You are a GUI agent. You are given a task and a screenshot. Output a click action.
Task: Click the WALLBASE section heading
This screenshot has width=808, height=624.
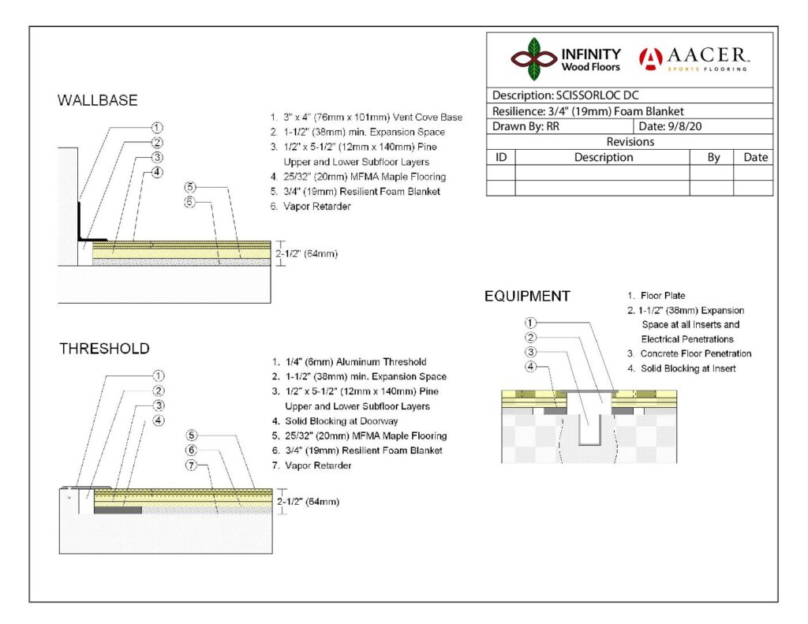[x=97, y=100]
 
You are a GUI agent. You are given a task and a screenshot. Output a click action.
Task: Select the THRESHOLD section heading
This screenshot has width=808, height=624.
[x=104, y=349]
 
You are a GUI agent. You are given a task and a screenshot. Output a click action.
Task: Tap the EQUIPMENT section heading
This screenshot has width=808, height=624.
[x=527, y=297]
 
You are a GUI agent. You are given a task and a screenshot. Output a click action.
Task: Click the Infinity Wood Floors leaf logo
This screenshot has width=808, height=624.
[x=534, y=58]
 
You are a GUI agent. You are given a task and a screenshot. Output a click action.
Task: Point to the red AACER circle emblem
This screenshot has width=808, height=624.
[x=651, y=58]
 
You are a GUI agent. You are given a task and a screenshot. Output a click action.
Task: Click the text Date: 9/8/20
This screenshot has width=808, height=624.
[x=670, y=126]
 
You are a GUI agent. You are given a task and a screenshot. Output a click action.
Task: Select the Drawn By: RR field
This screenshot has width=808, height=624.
[x=526, y=126]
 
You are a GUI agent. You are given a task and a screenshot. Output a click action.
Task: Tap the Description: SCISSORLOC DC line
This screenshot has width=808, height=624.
[x=565, y=95]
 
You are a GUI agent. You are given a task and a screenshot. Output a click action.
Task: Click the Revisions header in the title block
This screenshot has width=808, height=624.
[x=630, y=142]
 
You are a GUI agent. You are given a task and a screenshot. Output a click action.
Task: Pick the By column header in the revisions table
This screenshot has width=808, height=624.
[x=713, y=157]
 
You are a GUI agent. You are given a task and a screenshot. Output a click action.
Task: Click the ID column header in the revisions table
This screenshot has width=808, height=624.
[x=501, y=157]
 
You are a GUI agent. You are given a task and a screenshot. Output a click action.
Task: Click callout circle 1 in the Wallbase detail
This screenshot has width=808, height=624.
[x=157, y=127]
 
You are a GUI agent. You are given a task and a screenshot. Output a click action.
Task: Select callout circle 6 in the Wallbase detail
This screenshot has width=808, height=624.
[x=189, y=202]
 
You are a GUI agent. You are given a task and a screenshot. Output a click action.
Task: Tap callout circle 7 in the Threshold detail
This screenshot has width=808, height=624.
[x=191, y=465]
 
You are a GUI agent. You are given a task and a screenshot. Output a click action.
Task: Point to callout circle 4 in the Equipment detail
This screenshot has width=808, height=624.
[x=530, y=367]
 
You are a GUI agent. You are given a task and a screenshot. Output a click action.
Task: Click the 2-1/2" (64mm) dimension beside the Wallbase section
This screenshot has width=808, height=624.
[x=307, y=253]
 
